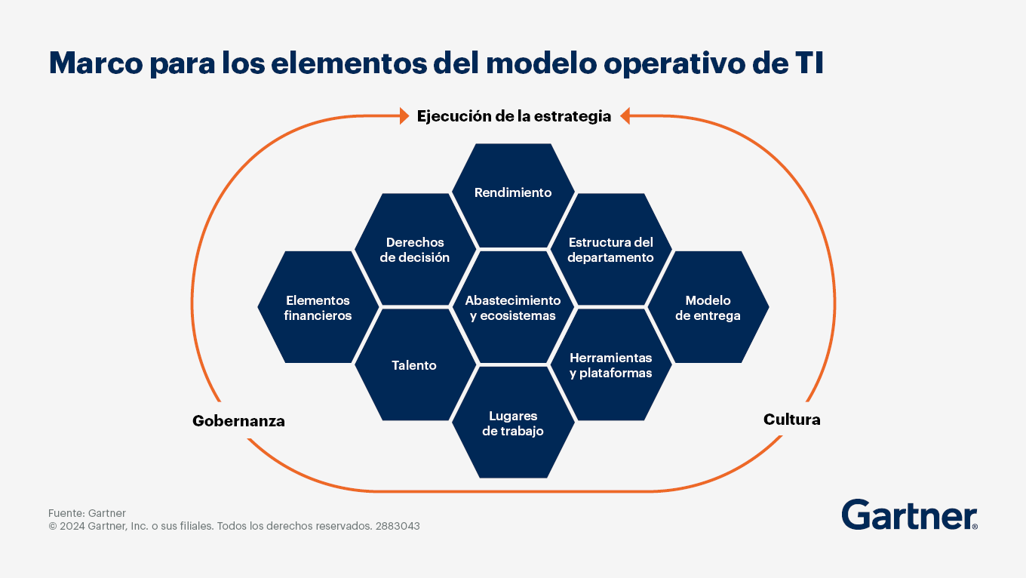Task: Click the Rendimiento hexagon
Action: tap(513, 195)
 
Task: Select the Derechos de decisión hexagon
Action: tap(415, 249)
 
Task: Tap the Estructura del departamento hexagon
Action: tap(611, 249)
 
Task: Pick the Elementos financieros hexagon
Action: tap(318, 307)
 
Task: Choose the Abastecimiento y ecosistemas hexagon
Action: tap(513, 307)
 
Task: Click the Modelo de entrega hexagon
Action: tap(708, 307)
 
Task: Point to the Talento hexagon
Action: tap(415, 364)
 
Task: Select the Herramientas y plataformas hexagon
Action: tap(611, 364)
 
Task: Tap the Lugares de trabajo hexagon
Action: tap(513, 423)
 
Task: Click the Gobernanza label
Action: tap(238, 420)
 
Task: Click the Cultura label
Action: tap(791, 419)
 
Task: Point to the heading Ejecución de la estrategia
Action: tap(514, 116)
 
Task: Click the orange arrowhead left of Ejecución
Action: tap(404, 116)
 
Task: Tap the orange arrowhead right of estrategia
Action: tap(625, 116)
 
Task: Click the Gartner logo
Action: tap(909, 515)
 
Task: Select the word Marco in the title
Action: tap(96, 63)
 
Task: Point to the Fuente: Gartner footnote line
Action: tap(87, 513)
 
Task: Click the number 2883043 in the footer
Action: tap(398, 526)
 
